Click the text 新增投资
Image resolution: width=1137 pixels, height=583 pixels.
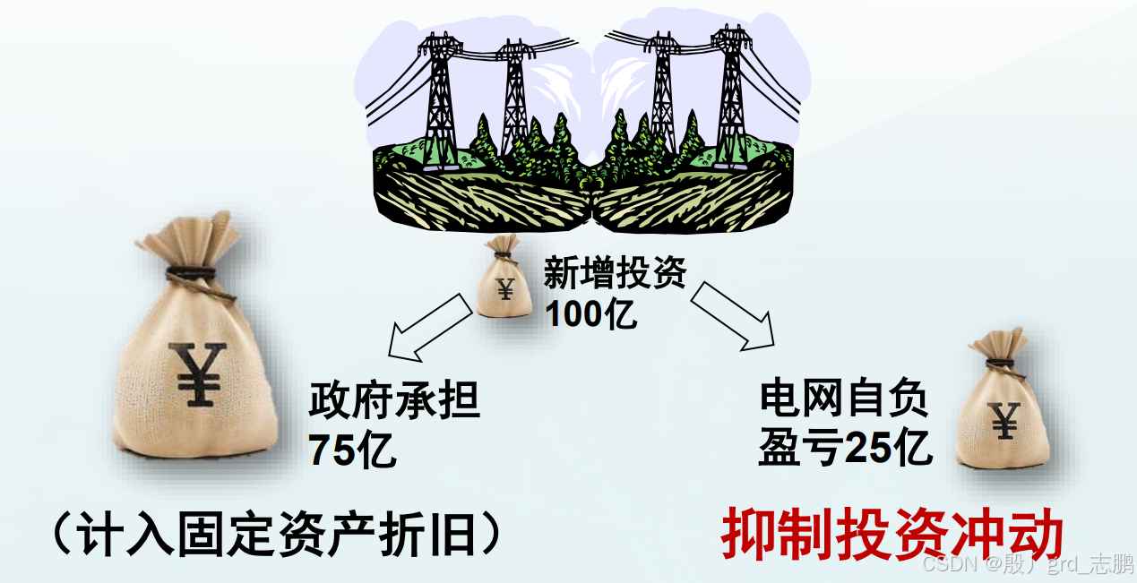click(x=615, y=274)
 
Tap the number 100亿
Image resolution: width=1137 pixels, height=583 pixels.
click(x=591, y=315)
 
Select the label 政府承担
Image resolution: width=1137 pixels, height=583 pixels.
click(x=394, y=402)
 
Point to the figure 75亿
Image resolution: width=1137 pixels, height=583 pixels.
click(x=353, y=450)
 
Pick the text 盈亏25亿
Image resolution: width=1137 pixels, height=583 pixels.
click(x=846, y=448)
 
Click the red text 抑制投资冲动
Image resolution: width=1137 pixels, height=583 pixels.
click(x=892, y=536)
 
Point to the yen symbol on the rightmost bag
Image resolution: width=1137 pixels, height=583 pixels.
click(x=1004, y=420)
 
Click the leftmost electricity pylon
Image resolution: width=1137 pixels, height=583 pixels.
click(x=440, y=98)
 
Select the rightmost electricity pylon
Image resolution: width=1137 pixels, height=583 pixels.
click(x=730, y=93)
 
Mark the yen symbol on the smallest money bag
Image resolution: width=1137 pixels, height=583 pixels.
click(x=505, y=288)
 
